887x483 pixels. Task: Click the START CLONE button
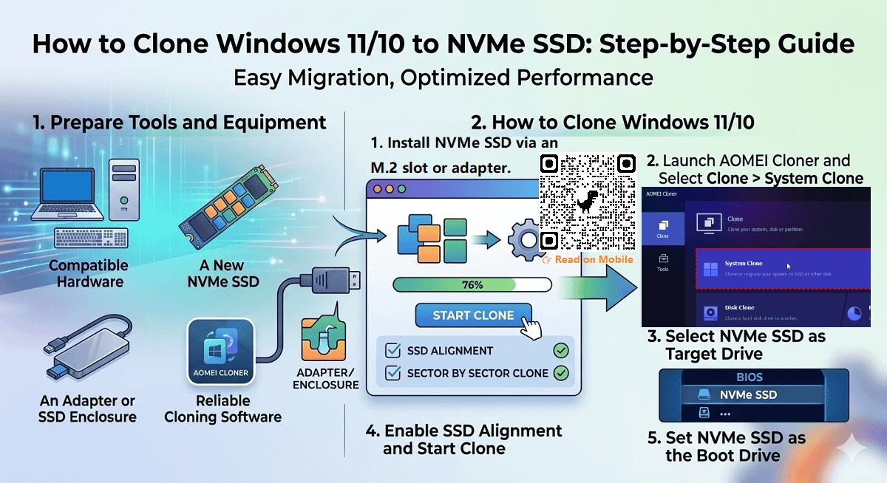(473, 315)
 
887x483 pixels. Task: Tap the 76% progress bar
(472, 285)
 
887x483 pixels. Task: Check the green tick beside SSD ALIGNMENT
(560, 351)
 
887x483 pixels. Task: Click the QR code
(588, 202)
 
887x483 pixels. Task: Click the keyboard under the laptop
(91, 238)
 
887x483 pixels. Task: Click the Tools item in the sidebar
(662, 262)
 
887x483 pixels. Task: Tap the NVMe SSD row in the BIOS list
(748, 395)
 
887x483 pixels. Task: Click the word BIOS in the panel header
(749, 377)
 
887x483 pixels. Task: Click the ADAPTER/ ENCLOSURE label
(326, 378)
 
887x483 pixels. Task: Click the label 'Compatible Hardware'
(89, 273)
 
